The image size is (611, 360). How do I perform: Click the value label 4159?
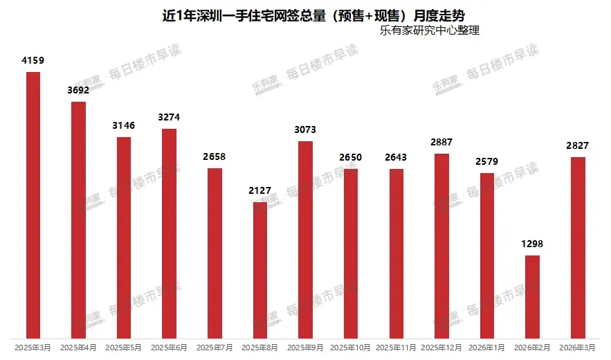[x=33, y=61]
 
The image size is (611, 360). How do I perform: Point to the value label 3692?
[x=78, y=90]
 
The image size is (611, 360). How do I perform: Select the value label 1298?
[x=532, y=244]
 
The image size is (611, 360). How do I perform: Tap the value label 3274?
[x=169, y=117]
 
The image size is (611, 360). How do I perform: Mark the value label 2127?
[x=260, y=190]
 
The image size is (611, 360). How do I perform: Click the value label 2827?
[x=578, y=145]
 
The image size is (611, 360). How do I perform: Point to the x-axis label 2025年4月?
[x=78, y=346]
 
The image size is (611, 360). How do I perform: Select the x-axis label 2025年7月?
[x=215, y=346]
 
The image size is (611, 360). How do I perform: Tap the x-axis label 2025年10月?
[x=351, y=346]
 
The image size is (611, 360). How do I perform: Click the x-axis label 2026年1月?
[x=487, y=346]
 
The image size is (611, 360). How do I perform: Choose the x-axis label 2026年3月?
[x=578, y=346]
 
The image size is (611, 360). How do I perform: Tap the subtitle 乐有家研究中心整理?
[x=429, y=30]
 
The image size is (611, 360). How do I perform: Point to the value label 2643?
[x=396, y=157]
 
